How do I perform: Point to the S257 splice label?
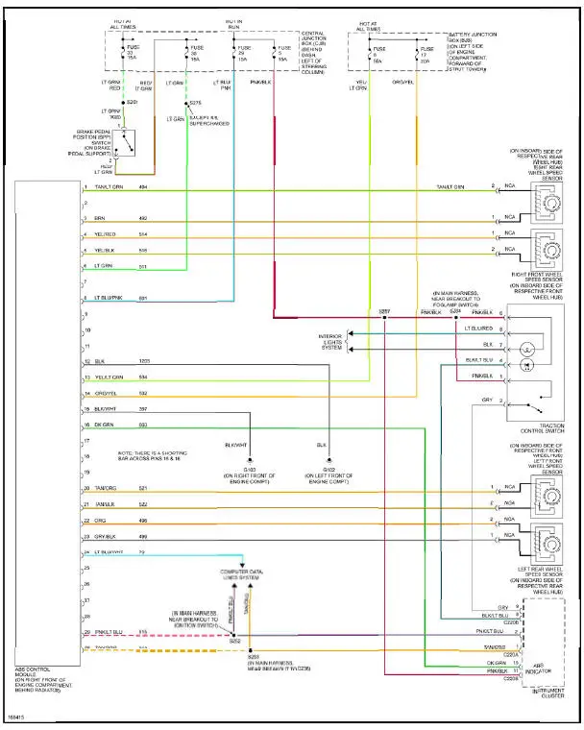pyautogui.click(x=384, y=312)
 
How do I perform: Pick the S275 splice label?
pyautogui.click(x=195, y=103)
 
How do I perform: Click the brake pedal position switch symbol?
pyautogui.click(x=123, y=143)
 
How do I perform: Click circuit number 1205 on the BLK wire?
pyautogui.click(x=143, y=361)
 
